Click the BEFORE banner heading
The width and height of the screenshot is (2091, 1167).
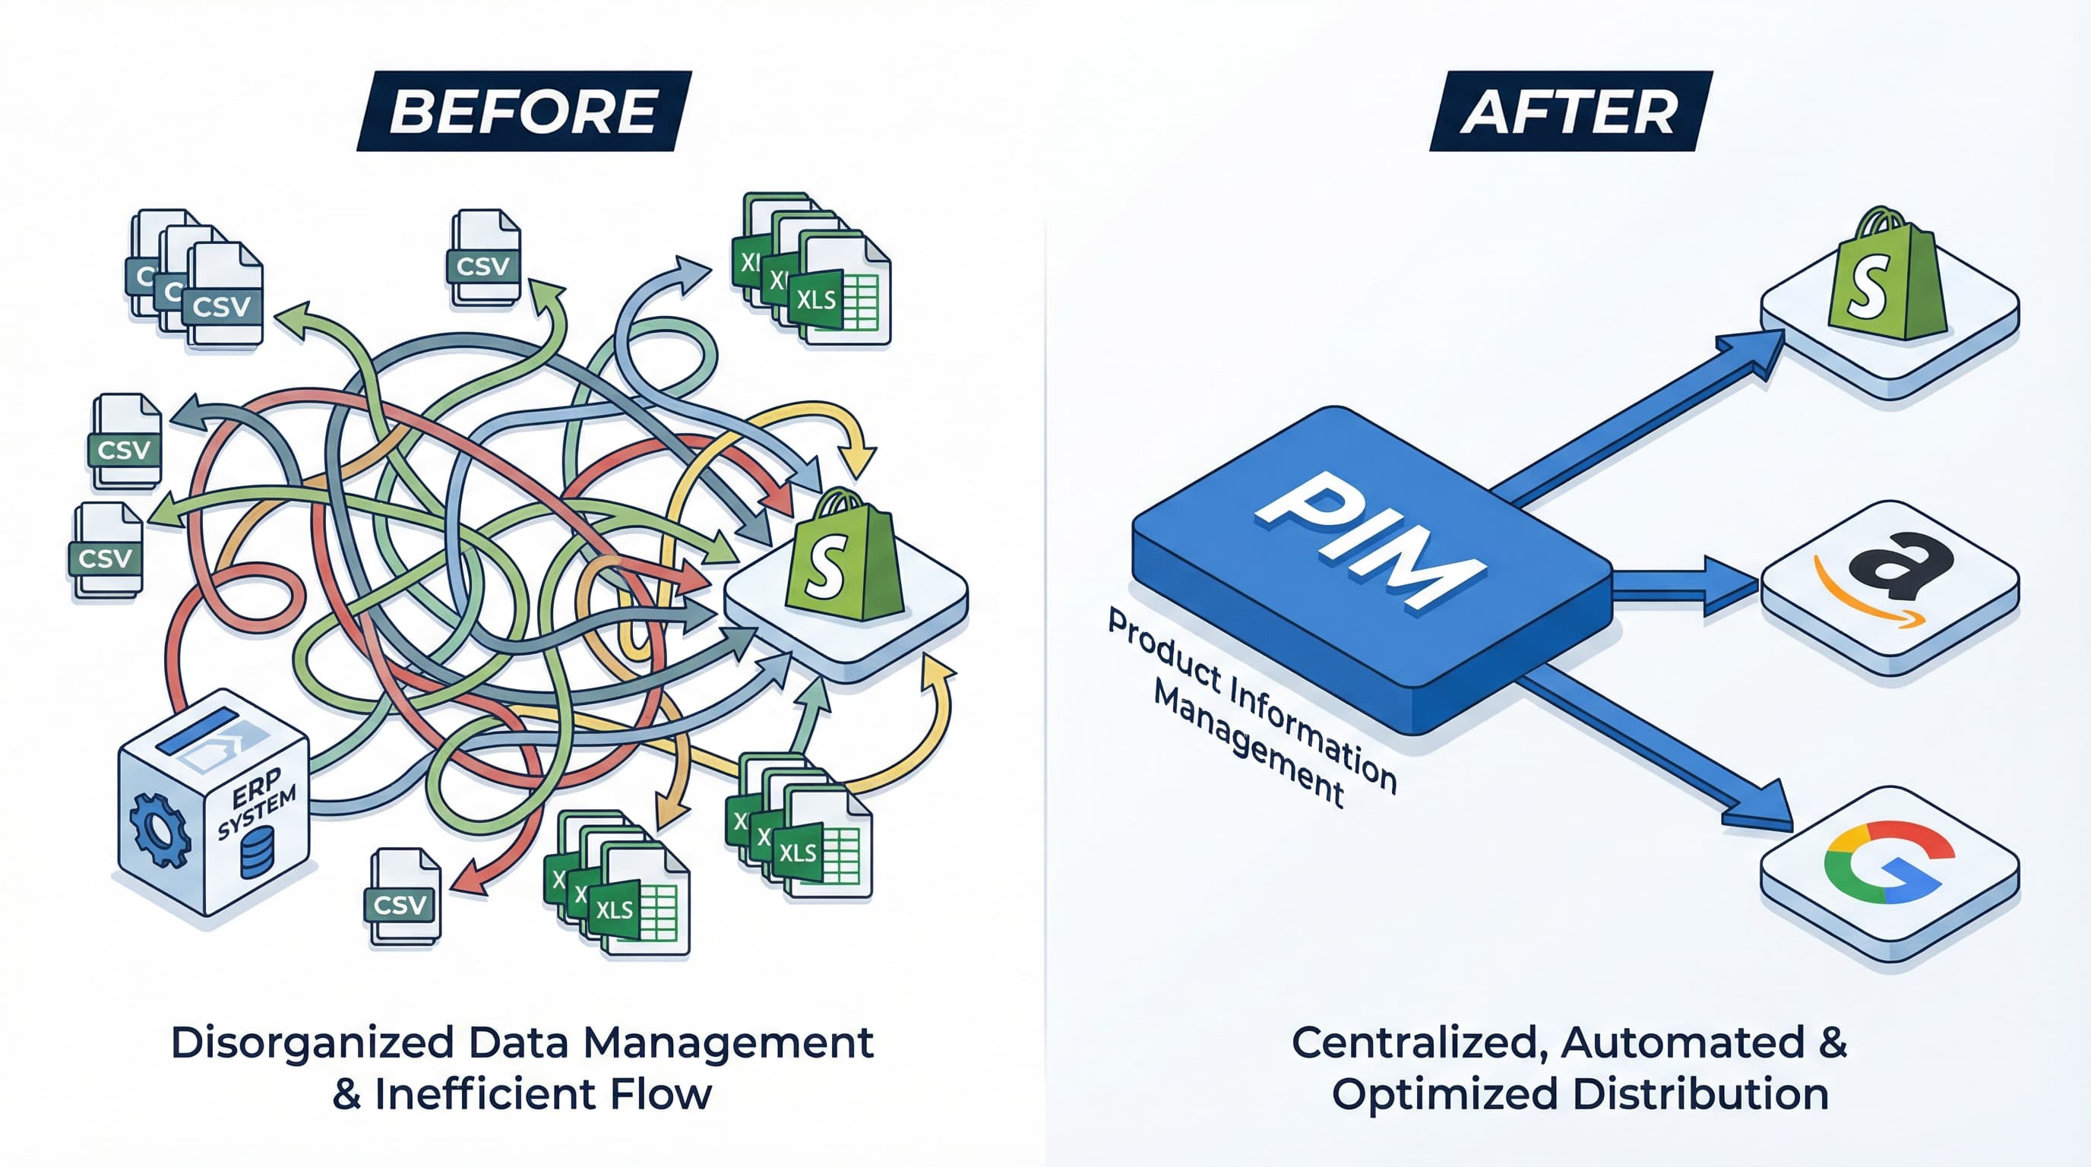(x=524, y=111)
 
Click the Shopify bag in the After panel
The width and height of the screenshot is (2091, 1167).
(x=1887, y=276)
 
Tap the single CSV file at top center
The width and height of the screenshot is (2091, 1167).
(x=484, y=258)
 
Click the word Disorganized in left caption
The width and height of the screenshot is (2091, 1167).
(x=312, y=1042)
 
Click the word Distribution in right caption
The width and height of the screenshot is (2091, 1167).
(x=1700, y=1094)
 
